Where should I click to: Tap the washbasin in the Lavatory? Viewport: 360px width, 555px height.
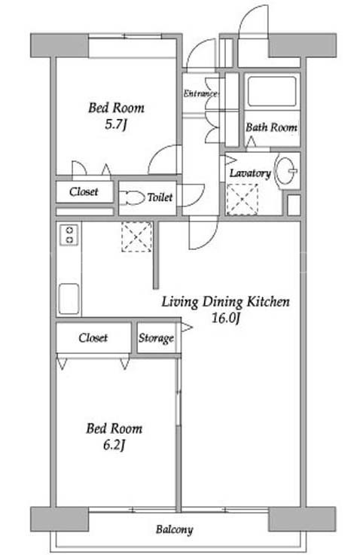coord(286,171)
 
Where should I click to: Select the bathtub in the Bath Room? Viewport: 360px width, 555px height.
coord(271,92)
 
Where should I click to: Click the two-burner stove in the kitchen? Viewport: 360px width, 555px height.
coord(69,235)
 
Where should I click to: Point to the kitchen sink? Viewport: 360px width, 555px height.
coord(69,298)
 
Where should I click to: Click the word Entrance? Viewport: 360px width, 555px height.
coord(200,93)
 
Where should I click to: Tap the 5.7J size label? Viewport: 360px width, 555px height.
coord(115,124)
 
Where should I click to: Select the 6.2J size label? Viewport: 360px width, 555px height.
coord(114,445)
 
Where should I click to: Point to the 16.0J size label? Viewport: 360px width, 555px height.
coord(226,319)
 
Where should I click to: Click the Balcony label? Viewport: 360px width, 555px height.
coord(175,529)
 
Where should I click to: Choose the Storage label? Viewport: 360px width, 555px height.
coord(156,338)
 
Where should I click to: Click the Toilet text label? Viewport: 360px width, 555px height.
coord(160,197)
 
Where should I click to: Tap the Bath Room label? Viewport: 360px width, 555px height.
coord(271,127)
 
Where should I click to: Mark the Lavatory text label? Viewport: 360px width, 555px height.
coord(250,173)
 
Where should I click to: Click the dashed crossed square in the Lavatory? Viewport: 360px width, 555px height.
coord(242,200)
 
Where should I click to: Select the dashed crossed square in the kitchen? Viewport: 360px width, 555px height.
coord(137,236)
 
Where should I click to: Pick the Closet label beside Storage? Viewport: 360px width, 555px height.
coord(93,337)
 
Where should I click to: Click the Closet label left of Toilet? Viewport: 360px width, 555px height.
coord(84,192)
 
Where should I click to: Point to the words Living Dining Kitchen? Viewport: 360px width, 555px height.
coord(226,302)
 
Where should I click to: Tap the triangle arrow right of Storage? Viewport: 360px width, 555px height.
coord(187,327)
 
